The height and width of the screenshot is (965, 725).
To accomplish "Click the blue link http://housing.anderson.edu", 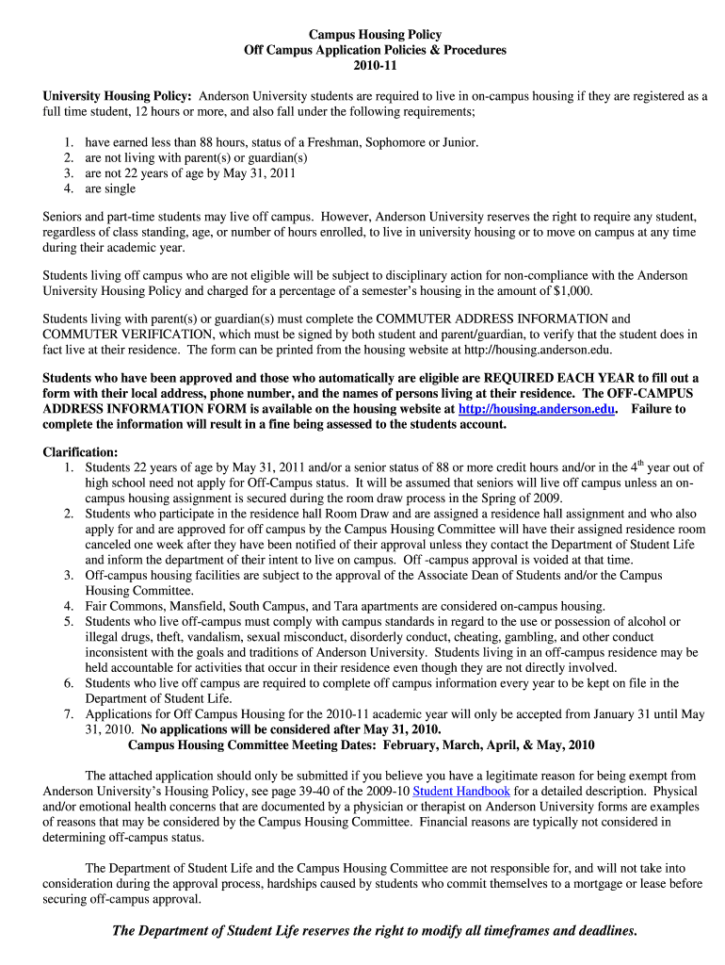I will pyautogui.click(x=537, y=409).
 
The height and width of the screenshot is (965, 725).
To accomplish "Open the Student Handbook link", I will pyautogui.click(x=461, y=792).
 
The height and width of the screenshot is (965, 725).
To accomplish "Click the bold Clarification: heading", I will pyautogui.click(x=81, y=452).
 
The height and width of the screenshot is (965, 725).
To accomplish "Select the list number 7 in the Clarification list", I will pyautogui.click(x=70, y=714).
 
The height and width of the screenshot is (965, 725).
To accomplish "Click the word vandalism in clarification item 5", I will pyautogui.click(x=182, y=637).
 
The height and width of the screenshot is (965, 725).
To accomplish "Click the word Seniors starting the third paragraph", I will pyautogui.click(x=64, y=217).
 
